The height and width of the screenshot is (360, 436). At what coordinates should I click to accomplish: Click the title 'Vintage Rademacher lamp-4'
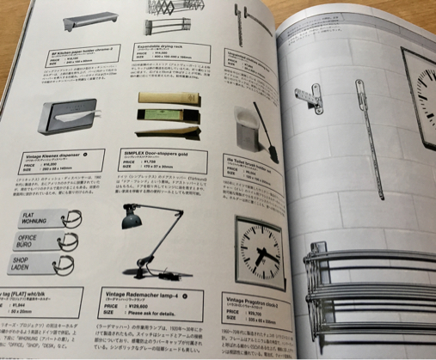tap(148, 293)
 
